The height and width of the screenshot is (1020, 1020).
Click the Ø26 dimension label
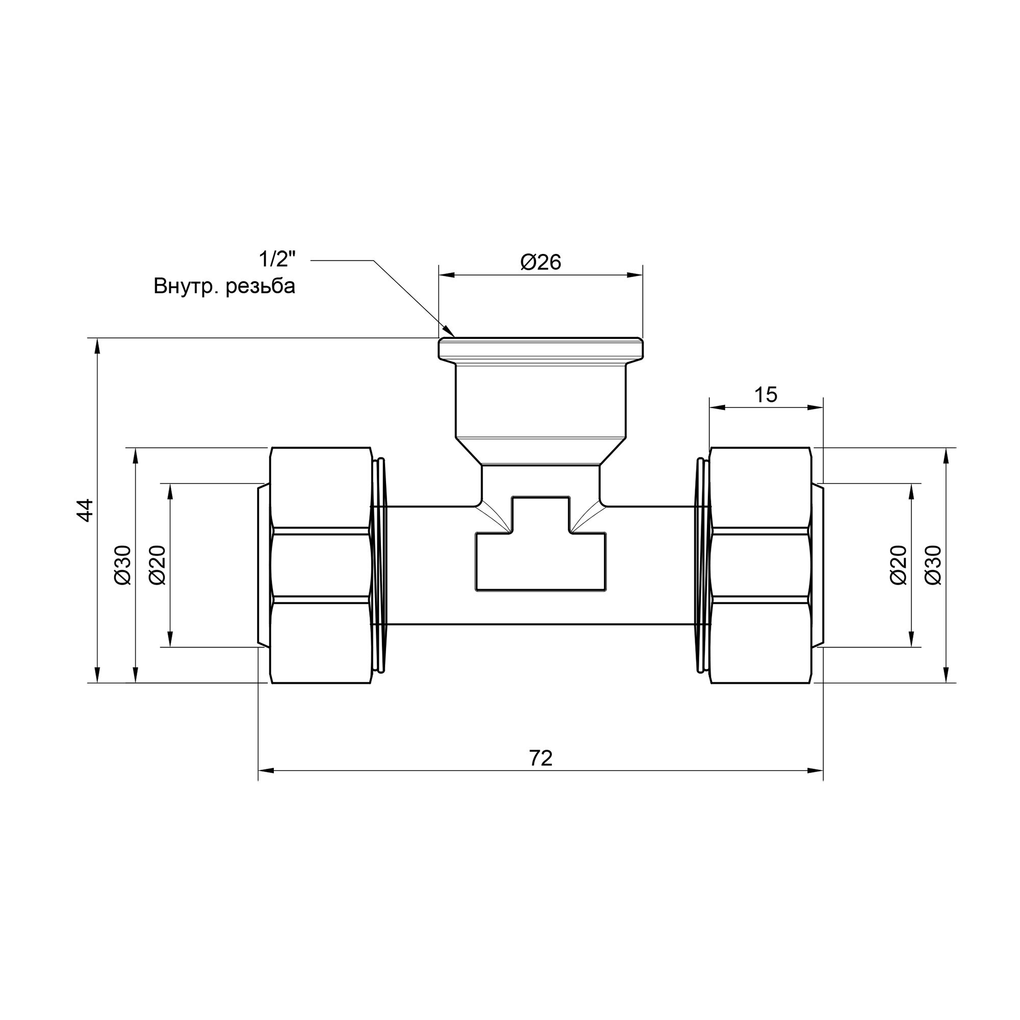[x=541, y=262]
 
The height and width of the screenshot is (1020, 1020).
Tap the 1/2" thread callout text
[x=276, y=260]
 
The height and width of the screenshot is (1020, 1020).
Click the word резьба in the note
[x=260, y=287]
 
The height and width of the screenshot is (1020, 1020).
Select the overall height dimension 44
[x=86, y=510]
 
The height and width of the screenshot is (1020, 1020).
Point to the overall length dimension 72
[x=541, y=759]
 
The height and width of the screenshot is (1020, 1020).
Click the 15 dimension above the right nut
[x=765, y=395]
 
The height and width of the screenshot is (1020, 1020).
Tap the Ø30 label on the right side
[x=933, y=566]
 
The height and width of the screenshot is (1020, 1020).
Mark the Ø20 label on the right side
[x=898, y=566]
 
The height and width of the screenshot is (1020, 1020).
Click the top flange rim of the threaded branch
[x=541, y=348]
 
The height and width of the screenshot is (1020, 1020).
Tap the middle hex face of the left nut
[x=321, y=566]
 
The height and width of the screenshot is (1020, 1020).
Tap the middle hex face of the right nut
[x=760, y=566]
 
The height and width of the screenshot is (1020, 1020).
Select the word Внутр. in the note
[x=186, y=287]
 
